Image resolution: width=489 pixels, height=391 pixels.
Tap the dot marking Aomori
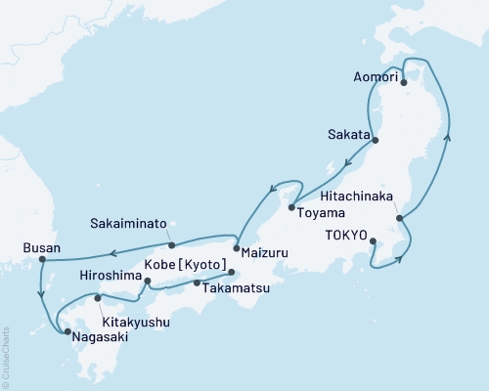tap(404, 82)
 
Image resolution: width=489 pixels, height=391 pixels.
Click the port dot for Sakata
tap(377, 141)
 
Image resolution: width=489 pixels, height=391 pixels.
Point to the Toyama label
tap(322, 213)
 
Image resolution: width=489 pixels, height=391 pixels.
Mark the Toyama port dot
tap(291, 207)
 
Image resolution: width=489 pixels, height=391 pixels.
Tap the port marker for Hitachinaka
tap(399, 217)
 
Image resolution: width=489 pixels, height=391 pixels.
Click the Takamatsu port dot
tap(197, 282)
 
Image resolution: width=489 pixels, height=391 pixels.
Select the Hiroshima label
tap(109, 276)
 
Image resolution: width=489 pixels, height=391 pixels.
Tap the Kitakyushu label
tap(134, 321)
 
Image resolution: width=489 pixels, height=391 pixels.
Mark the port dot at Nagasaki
tap(67, 332)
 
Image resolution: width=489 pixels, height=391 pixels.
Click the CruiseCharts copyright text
tap(6, 357)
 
